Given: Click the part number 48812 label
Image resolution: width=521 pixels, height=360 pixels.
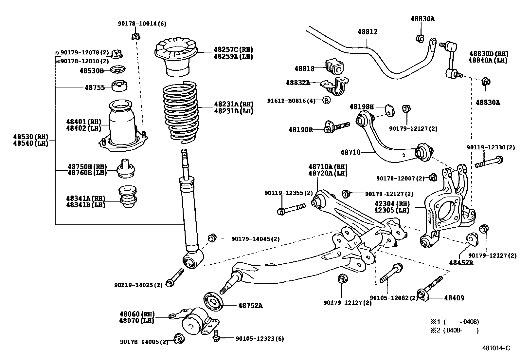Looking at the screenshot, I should [x=367, y=32].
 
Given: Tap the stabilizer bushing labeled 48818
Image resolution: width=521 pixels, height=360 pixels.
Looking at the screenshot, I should [x=335, y=67].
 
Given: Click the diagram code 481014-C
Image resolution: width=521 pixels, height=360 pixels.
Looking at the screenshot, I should [x=496, y=348].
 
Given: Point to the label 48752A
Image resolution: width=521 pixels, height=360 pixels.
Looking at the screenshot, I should [x=250, y=306].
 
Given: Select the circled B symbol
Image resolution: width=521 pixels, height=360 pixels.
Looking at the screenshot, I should [x=326, y=100].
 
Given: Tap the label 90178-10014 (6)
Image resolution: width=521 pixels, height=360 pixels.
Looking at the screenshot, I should [x=142, y=24].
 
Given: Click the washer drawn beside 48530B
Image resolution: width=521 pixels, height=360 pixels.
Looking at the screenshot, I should [x=117, y=70].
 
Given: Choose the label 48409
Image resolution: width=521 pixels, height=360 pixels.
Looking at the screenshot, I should [x=454, y=298].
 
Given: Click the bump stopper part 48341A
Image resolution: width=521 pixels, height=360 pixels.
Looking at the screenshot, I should [x=128, y=197].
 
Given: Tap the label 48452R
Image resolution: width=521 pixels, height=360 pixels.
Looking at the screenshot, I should [x=461, y=262].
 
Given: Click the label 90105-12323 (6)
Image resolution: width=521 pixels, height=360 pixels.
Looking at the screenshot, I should [x=260, y=338].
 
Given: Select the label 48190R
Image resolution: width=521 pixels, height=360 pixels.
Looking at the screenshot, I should [x=300, y=130].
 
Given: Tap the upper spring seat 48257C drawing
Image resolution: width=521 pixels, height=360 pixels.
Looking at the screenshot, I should [x=176, y=56].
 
